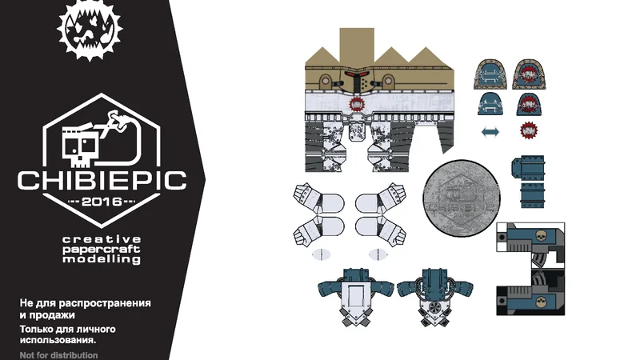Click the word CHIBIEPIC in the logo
102,178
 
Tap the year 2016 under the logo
102,201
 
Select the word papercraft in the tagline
102,249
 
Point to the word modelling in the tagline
102,259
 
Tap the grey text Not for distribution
59,354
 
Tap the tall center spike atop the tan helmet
356,44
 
